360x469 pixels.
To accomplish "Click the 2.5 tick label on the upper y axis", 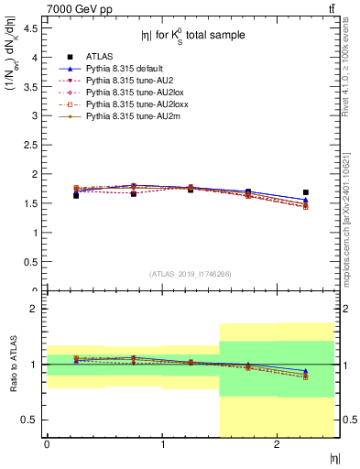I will pyautogui.click(x=30, y=145).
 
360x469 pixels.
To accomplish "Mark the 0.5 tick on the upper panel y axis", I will pyautogui.click(x=30, y=262).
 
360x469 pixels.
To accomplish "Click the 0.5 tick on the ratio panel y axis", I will pyautogui.click(x=30, y=420).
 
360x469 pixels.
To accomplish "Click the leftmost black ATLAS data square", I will pyautogui.click(x=76, y=195).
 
